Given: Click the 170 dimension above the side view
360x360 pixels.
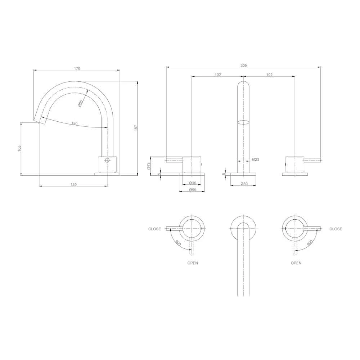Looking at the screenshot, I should pyautogui.click(x=77, y=68).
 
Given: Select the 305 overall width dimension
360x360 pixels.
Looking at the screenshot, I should pyautogui.click(x=243, y=66).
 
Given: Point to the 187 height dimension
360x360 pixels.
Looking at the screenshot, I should pyautogui.click(x=136, y=128).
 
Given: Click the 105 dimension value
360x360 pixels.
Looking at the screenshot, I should pyautogui.click(x=20, y=148).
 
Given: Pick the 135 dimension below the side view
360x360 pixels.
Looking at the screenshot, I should pyautogui.click(x=73, y=184).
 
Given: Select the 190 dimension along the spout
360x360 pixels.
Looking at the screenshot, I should pyautogui.click(x=74, y=123).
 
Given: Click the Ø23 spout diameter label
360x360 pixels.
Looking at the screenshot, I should pyautogui.click(x=256, y=159).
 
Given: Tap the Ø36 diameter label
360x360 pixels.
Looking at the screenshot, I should pyautogui.click(x=193, y=183).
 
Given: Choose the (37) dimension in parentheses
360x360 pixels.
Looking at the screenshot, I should pyautogui.click(x=149, y=166).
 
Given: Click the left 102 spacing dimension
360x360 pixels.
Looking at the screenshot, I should pyautogui.click(x=217, y=75).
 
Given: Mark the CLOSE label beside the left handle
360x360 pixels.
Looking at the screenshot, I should pyautogui.click(x=154, y=229).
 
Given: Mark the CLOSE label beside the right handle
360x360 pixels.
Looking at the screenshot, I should pyautogui.click(x=336, y=229).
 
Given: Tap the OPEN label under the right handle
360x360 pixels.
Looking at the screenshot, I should pyautogui.click(x=296, y=263).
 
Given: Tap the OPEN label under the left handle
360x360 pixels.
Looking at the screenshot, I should pyautogui.click(x=192, y=263).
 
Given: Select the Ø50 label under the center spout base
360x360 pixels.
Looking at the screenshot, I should pyautogui.click(x=244, y=184).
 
